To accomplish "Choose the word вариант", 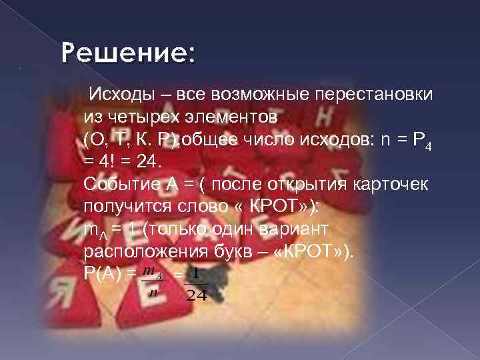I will tap(293, 230).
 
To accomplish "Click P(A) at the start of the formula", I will tap(104, 275).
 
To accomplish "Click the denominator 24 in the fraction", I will tap(197, 295).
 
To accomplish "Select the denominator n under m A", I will tap(154, 291).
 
